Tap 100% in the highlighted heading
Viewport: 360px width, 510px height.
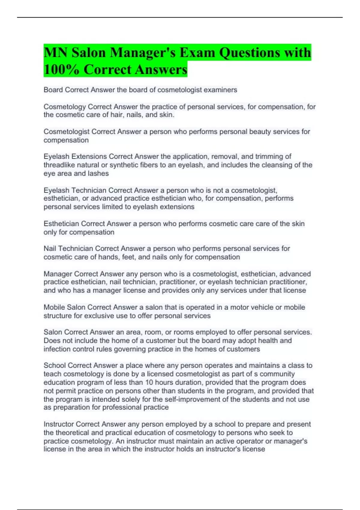click(x=61, y=70)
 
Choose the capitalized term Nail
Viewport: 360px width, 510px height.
click(x=50, y=249)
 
